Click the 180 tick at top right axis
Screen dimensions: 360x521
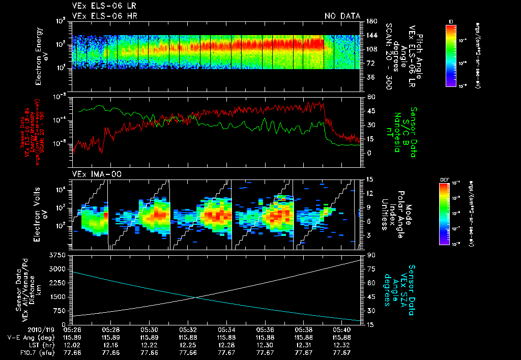370,21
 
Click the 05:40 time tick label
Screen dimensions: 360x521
342,329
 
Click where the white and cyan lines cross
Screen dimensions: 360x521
195,297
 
